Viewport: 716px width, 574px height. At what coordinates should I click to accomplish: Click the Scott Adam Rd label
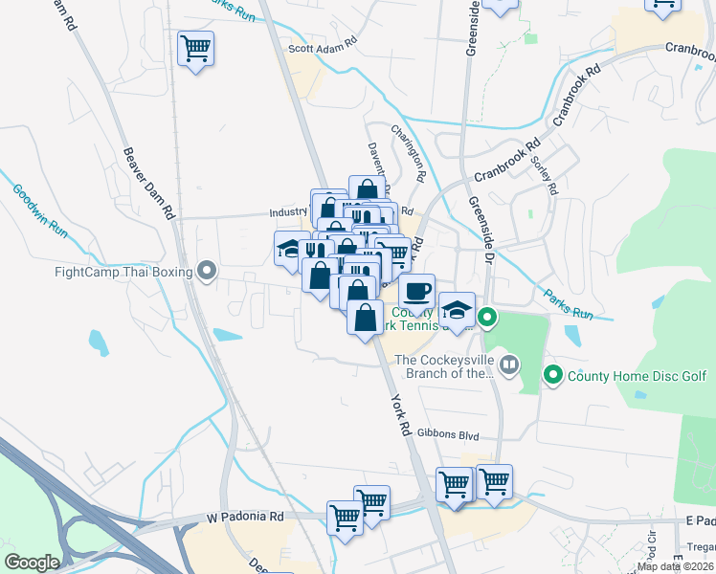323,44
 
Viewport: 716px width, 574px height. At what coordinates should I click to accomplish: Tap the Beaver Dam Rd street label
149,182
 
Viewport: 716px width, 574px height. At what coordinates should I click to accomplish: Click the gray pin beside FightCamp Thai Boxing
205,272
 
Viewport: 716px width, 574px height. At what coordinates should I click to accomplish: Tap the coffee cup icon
416,290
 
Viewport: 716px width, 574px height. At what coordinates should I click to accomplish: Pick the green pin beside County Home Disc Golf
552,374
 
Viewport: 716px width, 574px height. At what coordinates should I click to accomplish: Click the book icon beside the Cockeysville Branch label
510,364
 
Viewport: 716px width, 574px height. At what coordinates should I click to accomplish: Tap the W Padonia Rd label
246,517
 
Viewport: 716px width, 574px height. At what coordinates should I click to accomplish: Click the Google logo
31,563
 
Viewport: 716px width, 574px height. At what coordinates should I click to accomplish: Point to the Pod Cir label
652,543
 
